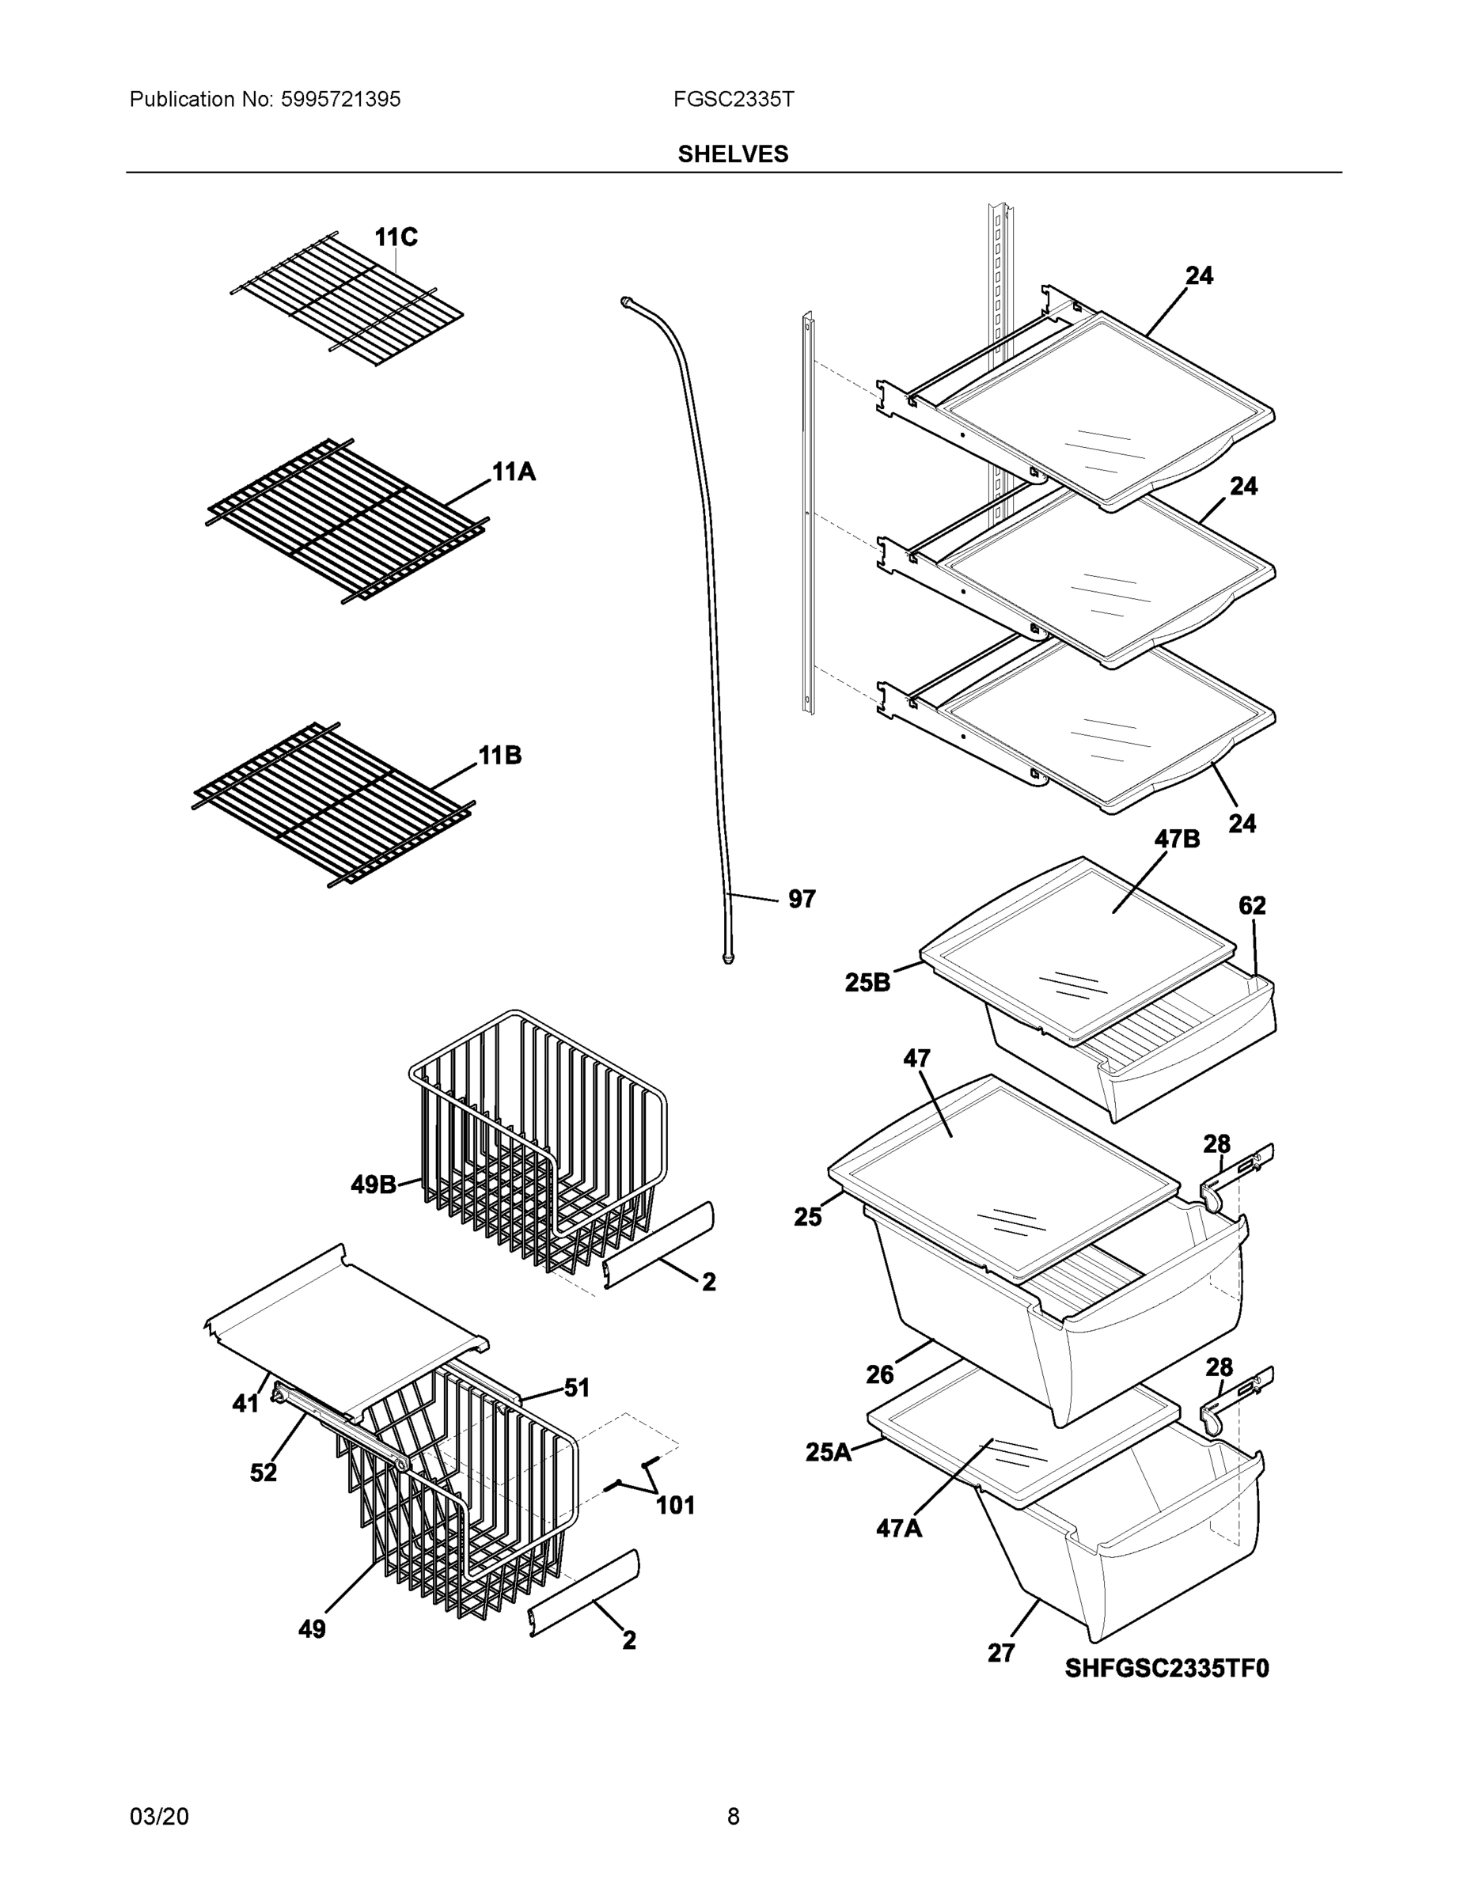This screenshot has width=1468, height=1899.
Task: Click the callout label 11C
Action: click(396, 237)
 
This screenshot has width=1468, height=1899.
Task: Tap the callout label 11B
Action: click(500, 755)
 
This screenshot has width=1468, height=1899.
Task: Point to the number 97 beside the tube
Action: click(801, 899)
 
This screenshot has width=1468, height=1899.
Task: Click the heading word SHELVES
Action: click(732, 154)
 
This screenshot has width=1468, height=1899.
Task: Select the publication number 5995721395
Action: click(340, 99)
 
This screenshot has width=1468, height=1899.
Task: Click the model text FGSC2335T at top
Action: click(732, 99)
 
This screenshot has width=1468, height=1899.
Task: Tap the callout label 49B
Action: click(373, 1185)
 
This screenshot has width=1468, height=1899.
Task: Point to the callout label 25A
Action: click(828, 1451)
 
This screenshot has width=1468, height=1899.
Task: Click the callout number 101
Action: click(675, 1505)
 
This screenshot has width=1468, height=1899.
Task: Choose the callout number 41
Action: click(245, 1403)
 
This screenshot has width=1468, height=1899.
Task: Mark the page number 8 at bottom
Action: click(732, 1816)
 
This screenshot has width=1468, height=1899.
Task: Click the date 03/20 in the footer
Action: click(158, 1816)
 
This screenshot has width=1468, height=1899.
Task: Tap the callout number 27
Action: click(1000, 1652)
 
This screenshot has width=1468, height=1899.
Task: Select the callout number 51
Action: click(577, 1388)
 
